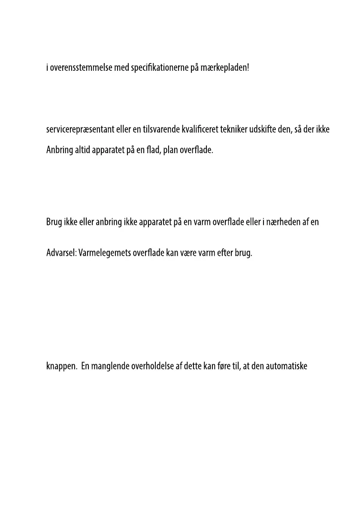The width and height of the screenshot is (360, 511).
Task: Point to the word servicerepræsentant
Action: pos(80,129)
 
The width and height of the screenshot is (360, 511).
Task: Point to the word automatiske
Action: pos(287,368)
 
